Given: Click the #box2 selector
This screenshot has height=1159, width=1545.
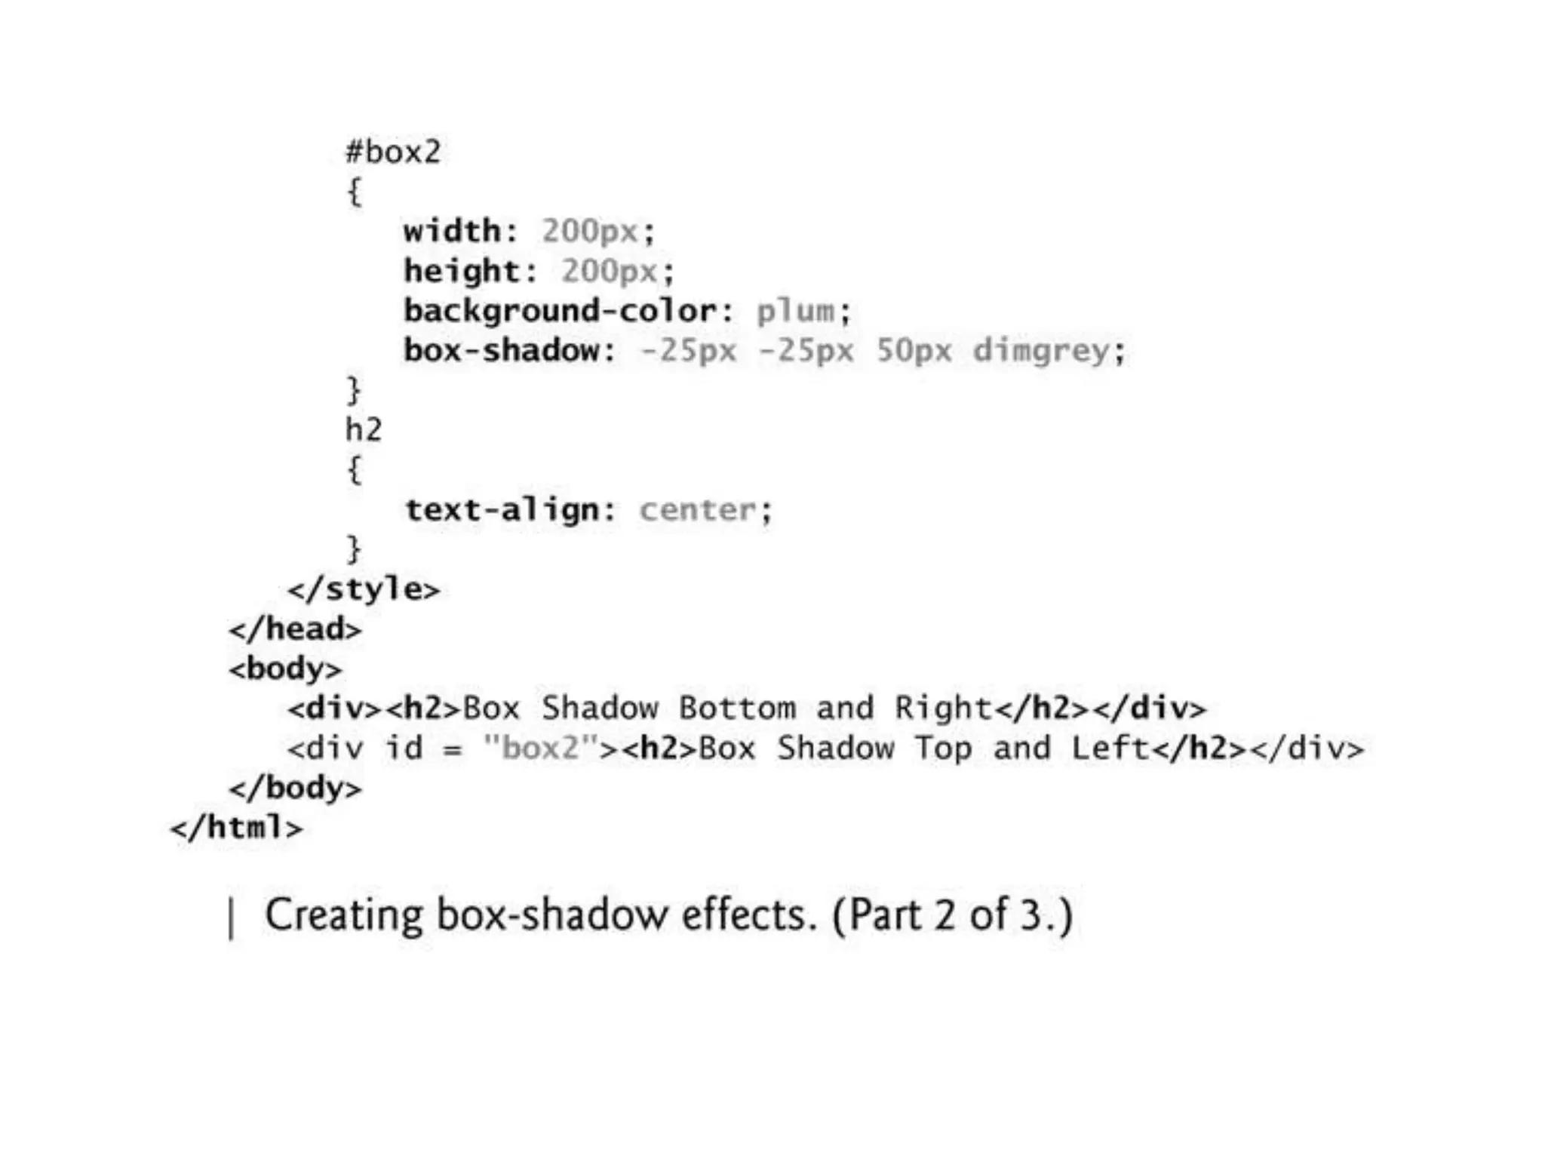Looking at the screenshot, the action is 393,152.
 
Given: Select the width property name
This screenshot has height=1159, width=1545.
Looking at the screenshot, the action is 451,231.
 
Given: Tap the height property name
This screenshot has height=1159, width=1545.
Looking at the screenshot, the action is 461,271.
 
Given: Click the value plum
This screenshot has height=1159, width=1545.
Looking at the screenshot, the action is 796,311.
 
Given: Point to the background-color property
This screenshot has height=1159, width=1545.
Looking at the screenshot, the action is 559,311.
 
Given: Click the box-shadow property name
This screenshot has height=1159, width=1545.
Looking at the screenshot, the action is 501,351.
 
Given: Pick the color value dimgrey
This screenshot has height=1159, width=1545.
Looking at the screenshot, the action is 1041,351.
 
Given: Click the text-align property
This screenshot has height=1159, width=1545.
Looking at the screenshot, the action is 501,511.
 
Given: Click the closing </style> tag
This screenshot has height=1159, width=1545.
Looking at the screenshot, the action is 364,589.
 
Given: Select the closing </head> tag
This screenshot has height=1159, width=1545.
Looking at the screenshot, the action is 296,629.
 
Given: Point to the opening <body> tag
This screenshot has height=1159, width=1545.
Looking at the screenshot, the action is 286,669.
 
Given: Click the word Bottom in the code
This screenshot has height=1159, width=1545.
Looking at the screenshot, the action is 737,709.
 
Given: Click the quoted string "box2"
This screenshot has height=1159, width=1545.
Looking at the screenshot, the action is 540,749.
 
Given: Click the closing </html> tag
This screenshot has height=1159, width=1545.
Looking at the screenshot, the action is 237,828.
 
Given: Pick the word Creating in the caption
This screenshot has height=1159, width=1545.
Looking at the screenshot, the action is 343,915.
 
